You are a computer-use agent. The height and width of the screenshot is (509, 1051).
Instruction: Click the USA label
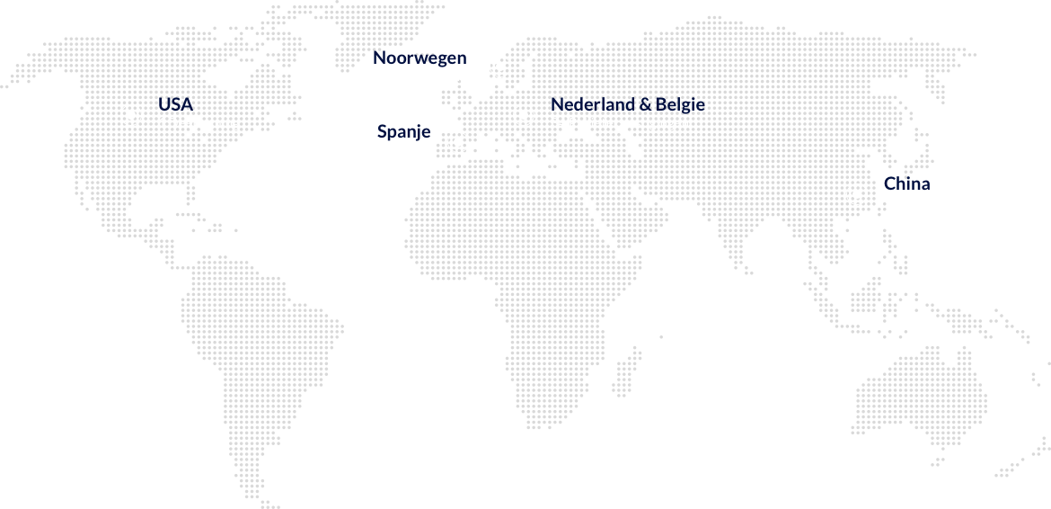coord(175,104)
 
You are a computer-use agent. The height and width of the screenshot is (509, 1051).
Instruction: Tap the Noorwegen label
coord(420,58)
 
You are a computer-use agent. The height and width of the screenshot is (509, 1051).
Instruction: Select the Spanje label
coord(404,132)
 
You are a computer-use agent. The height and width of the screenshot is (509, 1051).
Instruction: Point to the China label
coord(907,183)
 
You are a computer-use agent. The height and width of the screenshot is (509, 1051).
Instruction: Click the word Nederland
coord(592,104)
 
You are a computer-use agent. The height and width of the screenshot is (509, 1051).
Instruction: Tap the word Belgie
coord(680,105)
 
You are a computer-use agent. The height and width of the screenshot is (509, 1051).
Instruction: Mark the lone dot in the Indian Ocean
coord(661,336)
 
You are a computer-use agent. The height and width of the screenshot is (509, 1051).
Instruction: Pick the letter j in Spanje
coord(416,133)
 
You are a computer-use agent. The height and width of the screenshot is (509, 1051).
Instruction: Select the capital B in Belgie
coord(661,105)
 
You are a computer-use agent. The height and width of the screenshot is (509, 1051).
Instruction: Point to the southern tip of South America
coord(269,505)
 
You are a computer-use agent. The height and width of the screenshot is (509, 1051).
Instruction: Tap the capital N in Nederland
coord(558,105)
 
